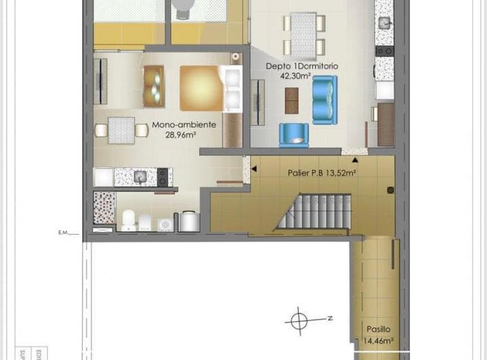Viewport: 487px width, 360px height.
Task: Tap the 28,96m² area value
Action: coord(181,135)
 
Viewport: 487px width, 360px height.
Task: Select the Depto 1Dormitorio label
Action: coord(302,67)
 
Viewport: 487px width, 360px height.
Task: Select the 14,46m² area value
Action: coord(379,340)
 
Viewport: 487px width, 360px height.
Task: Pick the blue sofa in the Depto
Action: coord(324,100)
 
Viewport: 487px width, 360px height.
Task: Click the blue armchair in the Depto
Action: coord(294,135)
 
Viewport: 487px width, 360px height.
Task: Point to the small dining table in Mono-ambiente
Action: coord(122,129)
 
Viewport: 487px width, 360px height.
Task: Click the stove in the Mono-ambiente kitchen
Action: coord(163,177)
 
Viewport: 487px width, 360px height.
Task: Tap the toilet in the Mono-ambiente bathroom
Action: coord(128,219)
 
